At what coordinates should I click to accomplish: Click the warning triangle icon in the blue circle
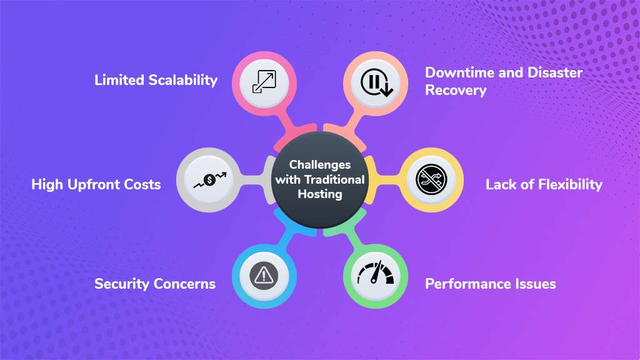(x=263, y=274)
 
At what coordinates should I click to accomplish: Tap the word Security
(x=121, y=284)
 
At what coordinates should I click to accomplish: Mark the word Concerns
(x=184, y=284)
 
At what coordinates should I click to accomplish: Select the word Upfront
(x=94, y=184)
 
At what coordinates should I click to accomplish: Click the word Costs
(x=142, y=184)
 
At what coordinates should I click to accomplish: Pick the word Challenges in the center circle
(x=319, y=165)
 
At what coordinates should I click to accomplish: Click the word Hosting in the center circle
(x=319, y=194)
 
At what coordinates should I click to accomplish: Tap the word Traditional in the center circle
(x=334, y=179)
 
